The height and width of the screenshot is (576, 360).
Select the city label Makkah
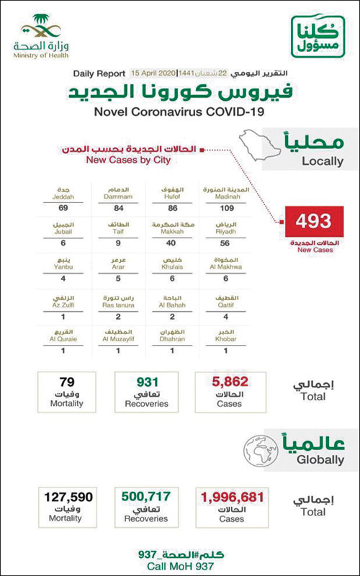click(171, 233)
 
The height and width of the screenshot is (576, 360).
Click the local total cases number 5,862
click(230, 382)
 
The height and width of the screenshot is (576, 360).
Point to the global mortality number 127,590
click(66, 497)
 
